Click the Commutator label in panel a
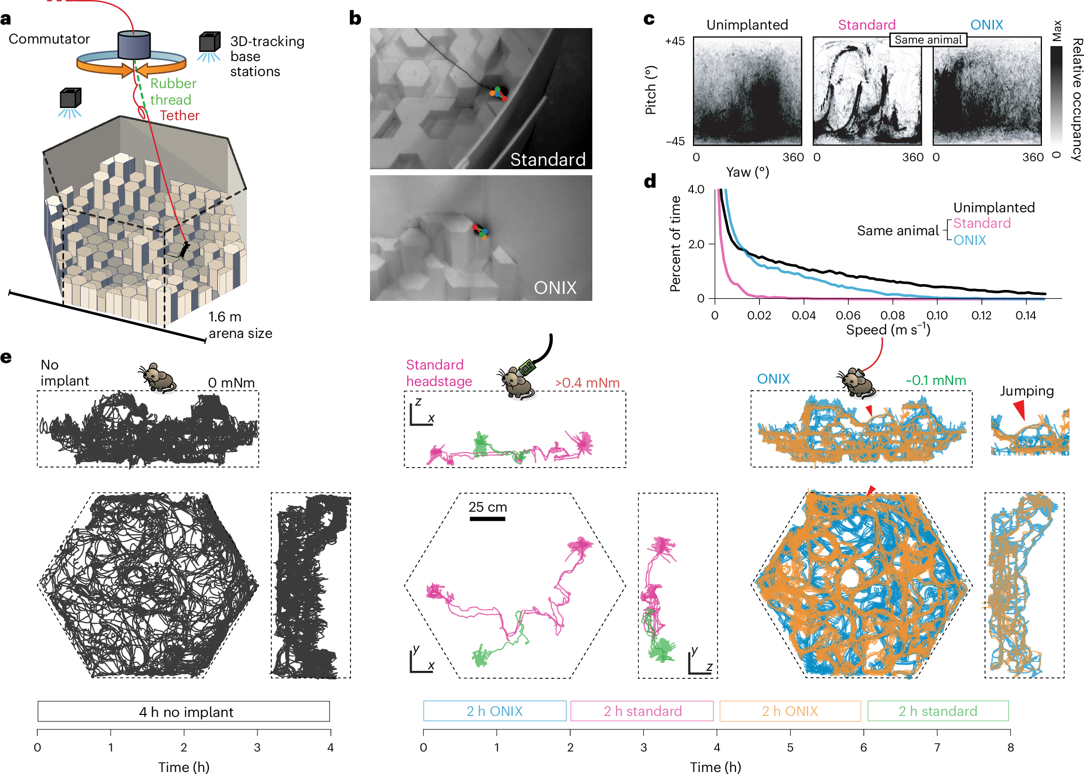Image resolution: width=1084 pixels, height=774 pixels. coord(49,39)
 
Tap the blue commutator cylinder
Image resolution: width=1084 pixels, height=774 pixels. coord(134,45)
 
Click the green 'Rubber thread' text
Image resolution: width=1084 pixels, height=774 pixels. coord(173,92)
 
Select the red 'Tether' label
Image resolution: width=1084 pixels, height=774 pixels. coord(179,116)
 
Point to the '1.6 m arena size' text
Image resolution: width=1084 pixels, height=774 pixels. coord(240,325)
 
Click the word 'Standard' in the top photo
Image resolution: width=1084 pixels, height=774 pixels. coord(547,159)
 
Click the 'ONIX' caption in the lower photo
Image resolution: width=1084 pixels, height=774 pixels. coord(555,288)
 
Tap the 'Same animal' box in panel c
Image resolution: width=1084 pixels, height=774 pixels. coord(928,40)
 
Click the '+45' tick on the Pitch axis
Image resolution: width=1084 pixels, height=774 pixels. coord(674,42)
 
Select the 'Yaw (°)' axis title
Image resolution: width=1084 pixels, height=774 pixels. coord(747,172)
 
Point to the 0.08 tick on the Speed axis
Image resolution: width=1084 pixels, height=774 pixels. coord(892,315)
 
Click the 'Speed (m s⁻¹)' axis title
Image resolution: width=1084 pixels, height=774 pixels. coord(888,330)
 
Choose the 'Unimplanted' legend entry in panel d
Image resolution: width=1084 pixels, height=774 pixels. coord(993,207)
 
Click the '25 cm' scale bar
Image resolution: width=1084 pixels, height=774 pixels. coord(487,519)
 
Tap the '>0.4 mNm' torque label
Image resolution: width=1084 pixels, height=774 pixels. coord(587,383)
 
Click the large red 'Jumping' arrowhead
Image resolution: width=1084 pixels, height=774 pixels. coord(1019,410)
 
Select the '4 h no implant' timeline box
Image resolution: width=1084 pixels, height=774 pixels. coord(184,711)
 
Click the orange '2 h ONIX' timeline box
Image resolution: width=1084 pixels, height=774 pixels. coord(790,711)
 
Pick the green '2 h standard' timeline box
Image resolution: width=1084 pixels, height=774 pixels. coord(937,711)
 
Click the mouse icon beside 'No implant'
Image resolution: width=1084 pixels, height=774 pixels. coord(158,378)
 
